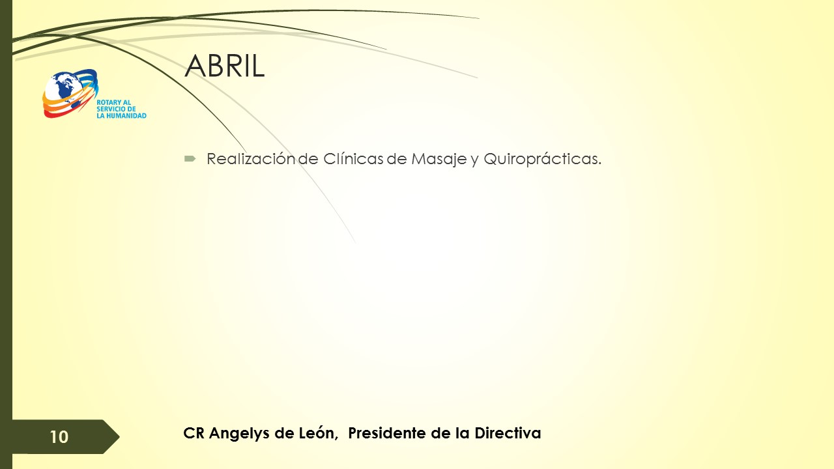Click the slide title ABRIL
tap(225, 66)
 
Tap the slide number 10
tap(59, 437)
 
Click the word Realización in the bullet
tap(251, 159)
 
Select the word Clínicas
tap(353, 159)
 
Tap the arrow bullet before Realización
tap(190, 160)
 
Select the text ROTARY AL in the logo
tap(113, 102)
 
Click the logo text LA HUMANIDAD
tap(121, 116)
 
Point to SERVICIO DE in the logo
tap(116, 109)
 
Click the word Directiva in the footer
tap(508, 433)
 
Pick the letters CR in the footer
tap(194, 433)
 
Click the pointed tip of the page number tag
tap(119, 436)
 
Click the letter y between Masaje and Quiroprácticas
tap(475, 161)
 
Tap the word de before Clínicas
tap(309, 159)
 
